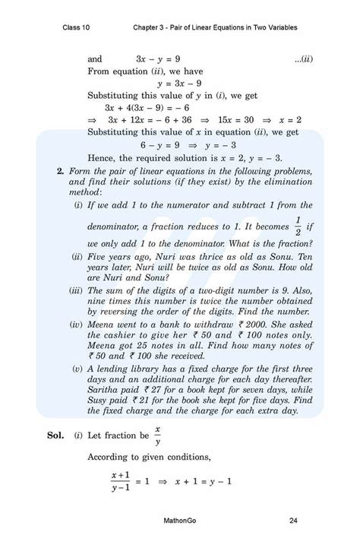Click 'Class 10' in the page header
[x=77, y=27]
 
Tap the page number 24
[x=293, y=521]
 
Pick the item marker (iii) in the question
[x=77, y=290]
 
